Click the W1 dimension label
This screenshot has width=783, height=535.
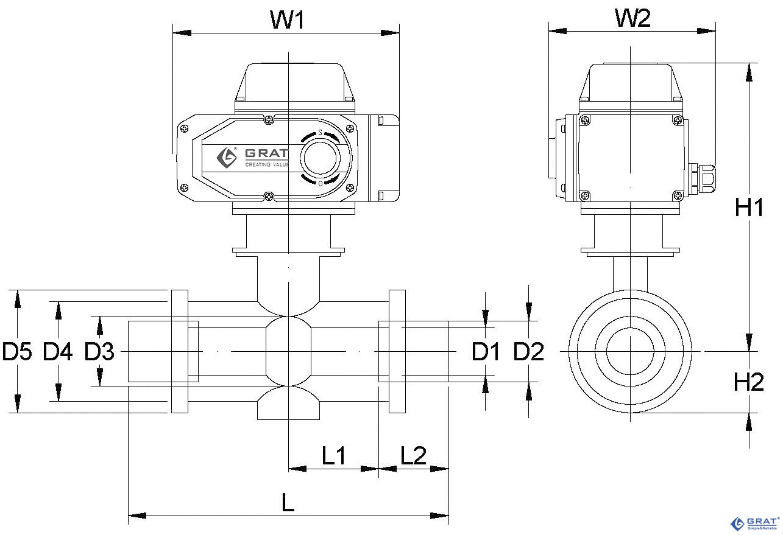pyautogui.click(x=287, y=19)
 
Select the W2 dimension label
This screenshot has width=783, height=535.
pyautogui.click(x=632, y=18)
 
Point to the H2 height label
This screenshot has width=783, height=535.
pyautogui.click(x=749, y=382)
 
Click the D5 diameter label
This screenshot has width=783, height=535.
pyautogui.click(x=17, y=351)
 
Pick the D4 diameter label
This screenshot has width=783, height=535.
pyautogui.click(x=58, y=351)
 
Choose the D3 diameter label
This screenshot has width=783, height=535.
pyautogui.click(x=99, y=351)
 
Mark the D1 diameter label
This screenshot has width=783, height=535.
pyautogui.click(x=486, y=351)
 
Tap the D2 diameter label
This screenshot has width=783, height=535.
pyautogui.click(x=528, y=351)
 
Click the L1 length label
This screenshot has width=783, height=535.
pyautogui.click(x=333, y=455)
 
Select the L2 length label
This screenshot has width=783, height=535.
pyautogui.click(x=413, y=455)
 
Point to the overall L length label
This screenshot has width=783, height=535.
pyautogui.click(x=288, y=503)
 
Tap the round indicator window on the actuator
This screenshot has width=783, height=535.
pyautogui.click(x=321, y=158)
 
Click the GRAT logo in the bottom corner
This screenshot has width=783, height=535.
pyautogui.click(x=755, y=523)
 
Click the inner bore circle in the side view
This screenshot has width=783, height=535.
pyautogui.click(x=630, y=351)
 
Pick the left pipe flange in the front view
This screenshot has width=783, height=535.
pyautogui.click(x=180, y=351)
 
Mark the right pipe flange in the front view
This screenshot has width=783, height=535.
pyautogui.click(x=397, y=351)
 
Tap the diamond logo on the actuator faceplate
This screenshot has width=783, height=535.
pyautogui.click(x=227, y=157)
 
